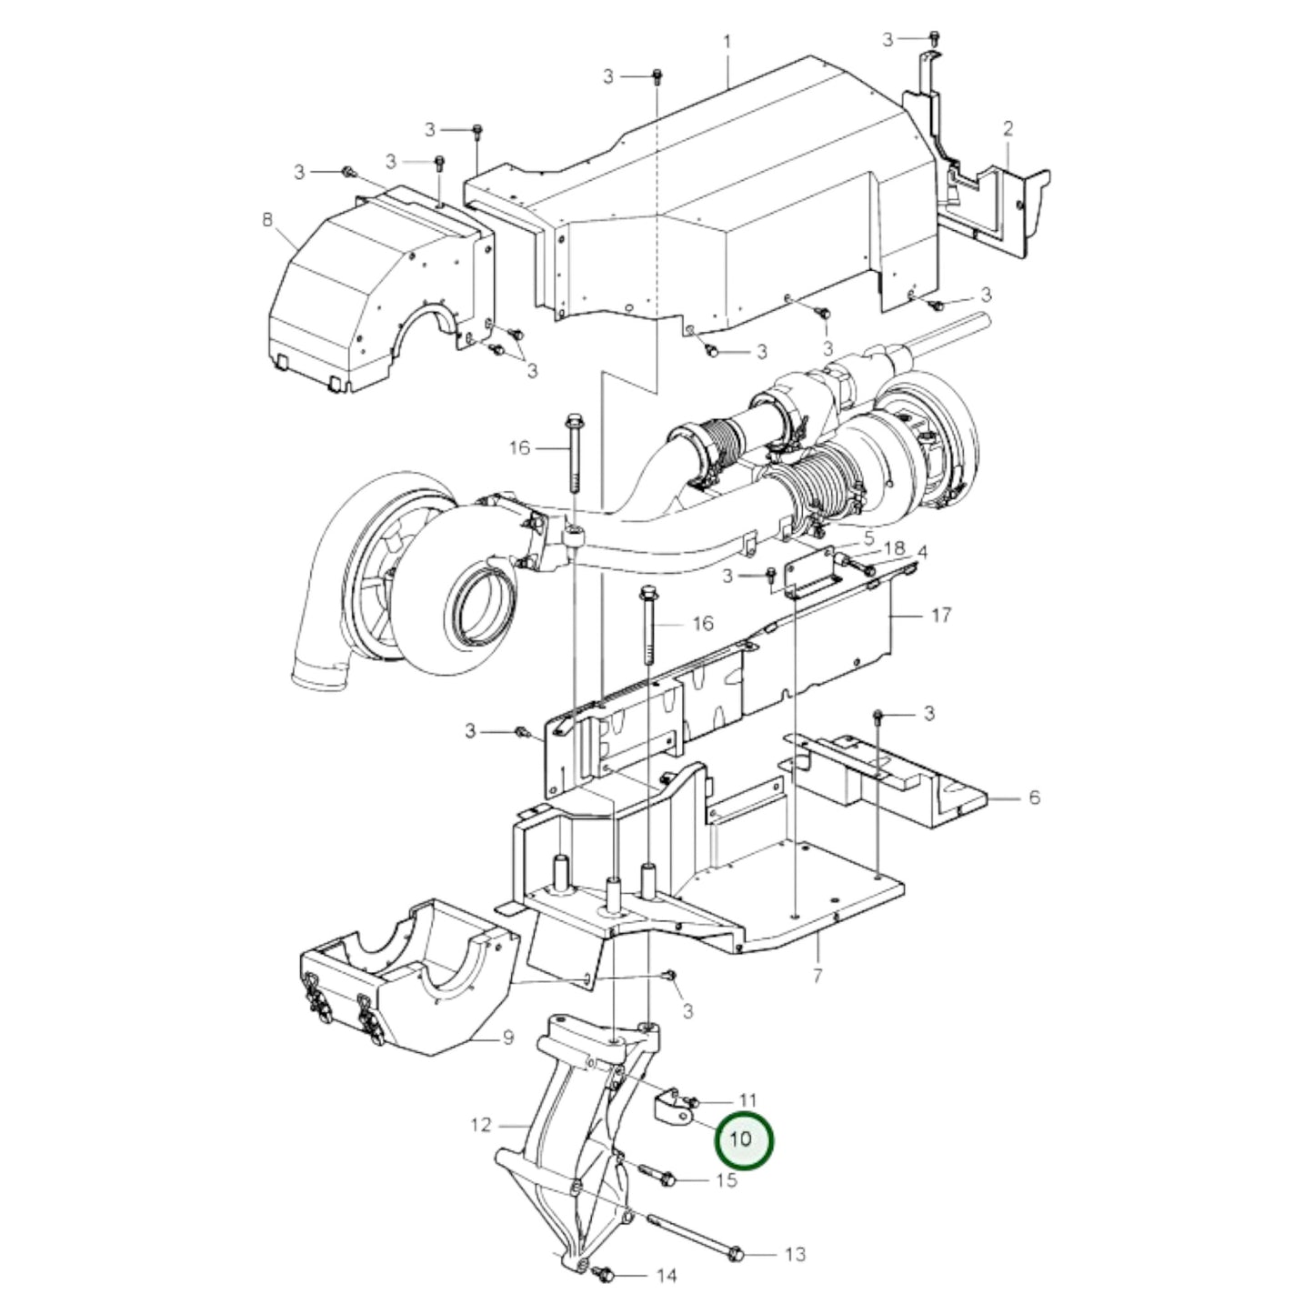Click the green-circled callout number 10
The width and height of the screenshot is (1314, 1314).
pyautogui.click(x=743, y=1138)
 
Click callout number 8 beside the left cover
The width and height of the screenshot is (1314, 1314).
pyautogui.click(x=266, y=219)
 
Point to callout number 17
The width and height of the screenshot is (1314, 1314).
pyautogui.click(x=941, y=615)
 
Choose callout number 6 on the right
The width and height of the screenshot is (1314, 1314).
pyautogui.click(x=1034, y=797)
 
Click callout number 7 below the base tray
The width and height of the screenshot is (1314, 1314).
pyautogui.click(x=817, y=976)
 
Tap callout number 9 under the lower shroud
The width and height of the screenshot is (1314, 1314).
pyautogui.click(x=507, y=1037)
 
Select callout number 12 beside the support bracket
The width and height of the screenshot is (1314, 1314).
pyautogui.click(x=481, y=1125)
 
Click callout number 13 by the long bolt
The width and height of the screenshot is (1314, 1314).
pyautogui.click(x=795, y=1255)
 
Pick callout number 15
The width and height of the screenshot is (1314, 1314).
pyautogui.click(x=726, y=1180)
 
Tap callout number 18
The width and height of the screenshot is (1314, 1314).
pyautogui.click(x=895, y=547)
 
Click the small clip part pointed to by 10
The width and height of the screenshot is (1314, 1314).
pyautogui.click(x=671, y=1109)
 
